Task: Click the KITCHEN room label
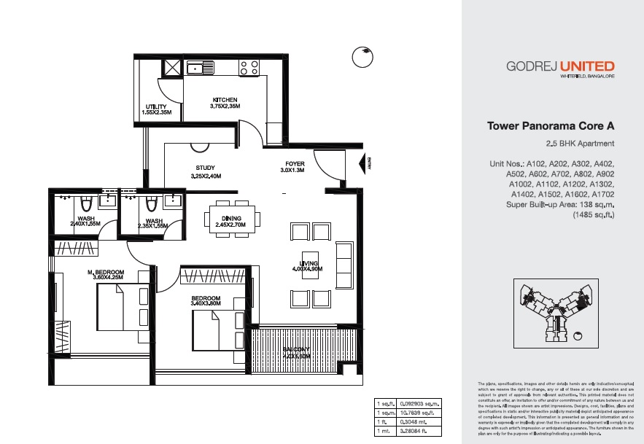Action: pos(225,100)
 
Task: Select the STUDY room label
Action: pos(205,168)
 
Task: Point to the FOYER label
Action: pos(295,164)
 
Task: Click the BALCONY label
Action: pos(296,349)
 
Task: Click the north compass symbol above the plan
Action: pos(362,57)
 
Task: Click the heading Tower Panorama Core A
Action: pos(551,125)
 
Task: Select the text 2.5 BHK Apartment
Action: pos(580,144)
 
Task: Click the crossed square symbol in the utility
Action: pos(172,68)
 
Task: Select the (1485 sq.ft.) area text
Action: pos(594,216)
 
